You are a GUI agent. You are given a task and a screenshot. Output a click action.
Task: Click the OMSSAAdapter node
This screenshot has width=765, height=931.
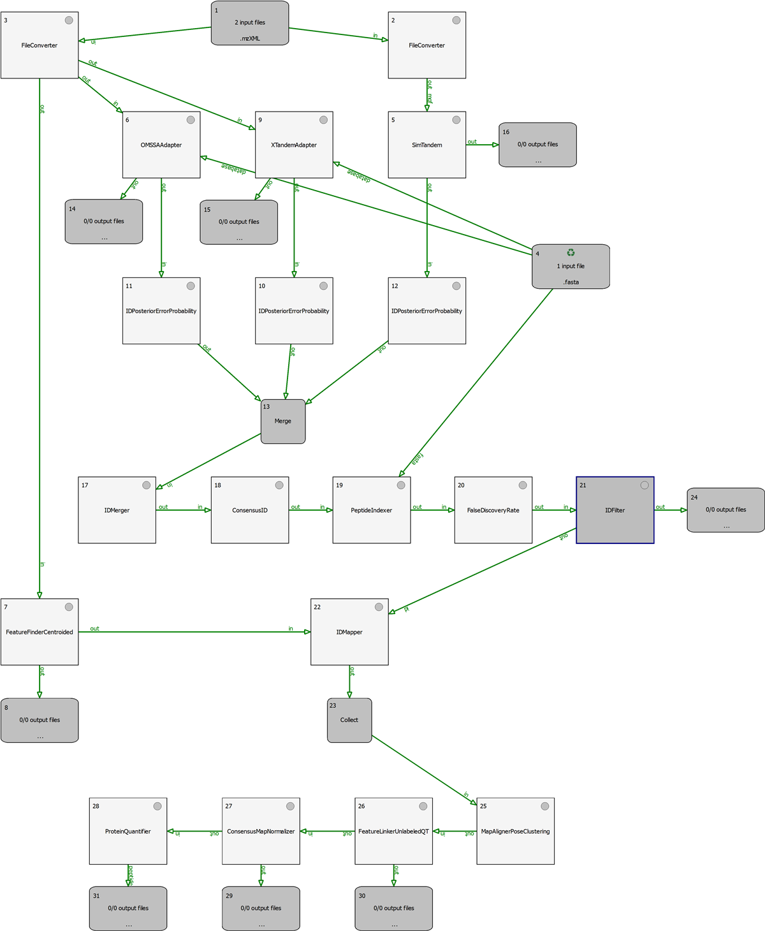tap(161, 145)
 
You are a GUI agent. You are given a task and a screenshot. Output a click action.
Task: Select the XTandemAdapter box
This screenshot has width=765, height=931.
tap(294, 145)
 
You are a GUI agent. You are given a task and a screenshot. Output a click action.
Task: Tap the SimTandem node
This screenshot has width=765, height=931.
tap(426, 145)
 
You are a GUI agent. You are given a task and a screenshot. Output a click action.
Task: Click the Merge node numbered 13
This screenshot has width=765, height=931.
tap(283, 421)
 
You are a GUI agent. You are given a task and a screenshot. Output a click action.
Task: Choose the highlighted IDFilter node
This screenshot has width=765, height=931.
tap(615, 510)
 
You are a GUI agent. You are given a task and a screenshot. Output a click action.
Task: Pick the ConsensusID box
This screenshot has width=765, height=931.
tap(250, 510)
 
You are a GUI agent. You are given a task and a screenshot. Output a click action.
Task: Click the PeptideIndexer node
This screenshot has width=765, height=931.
tap(371, 510)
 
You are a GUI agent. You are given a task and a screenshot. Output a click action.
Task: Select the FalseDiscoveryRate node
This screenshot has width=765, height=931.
tap(493, 510)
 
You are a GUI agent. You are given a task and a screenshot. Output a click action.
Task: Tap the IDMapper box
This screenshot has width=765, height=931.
tap(349, 632)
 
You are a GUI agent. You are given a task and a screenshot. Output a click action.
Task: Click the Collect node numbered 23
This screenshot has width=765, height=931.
tap(349, 720)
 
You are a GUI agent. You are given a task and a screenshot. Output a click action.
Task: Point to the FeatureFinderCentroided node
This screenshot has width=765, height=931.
tap(40, 632)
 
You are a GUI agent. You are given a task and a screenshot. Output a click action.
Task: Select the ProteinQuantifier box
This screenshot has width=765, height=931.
tap(128, 832)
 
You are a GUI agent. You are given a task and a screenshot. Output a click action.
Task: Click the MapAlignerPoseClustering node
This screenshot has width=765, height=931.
tap(515, 832)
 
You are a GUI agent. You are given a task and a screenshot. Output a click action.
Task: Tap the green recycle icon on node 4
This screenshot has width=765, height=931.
tap(571, 253)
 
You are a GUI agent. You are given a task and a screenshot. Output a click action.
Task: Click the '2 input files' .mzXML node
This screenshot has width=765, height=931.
tap(250, 23)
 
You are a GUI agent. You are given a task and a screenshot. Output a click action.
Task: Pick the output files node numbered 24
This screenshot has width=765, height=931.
tap(725, 510)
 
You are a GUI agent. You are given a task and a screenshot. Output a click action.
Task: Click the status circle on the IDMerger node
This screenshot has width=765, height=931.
tap(147, 485)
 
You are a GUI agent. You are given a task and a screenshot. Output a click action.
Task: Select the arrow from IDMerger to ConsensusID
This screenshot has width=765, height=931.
tap(184, 510)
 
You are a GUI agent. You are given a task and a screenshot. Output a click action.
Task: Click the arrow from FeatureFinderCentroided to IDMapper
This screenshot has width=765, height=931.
tap(194, 632)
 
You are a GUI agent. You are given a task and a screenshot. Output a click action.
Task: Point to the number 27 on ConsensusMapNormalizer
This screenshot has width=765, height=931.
tap(229, 806)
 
